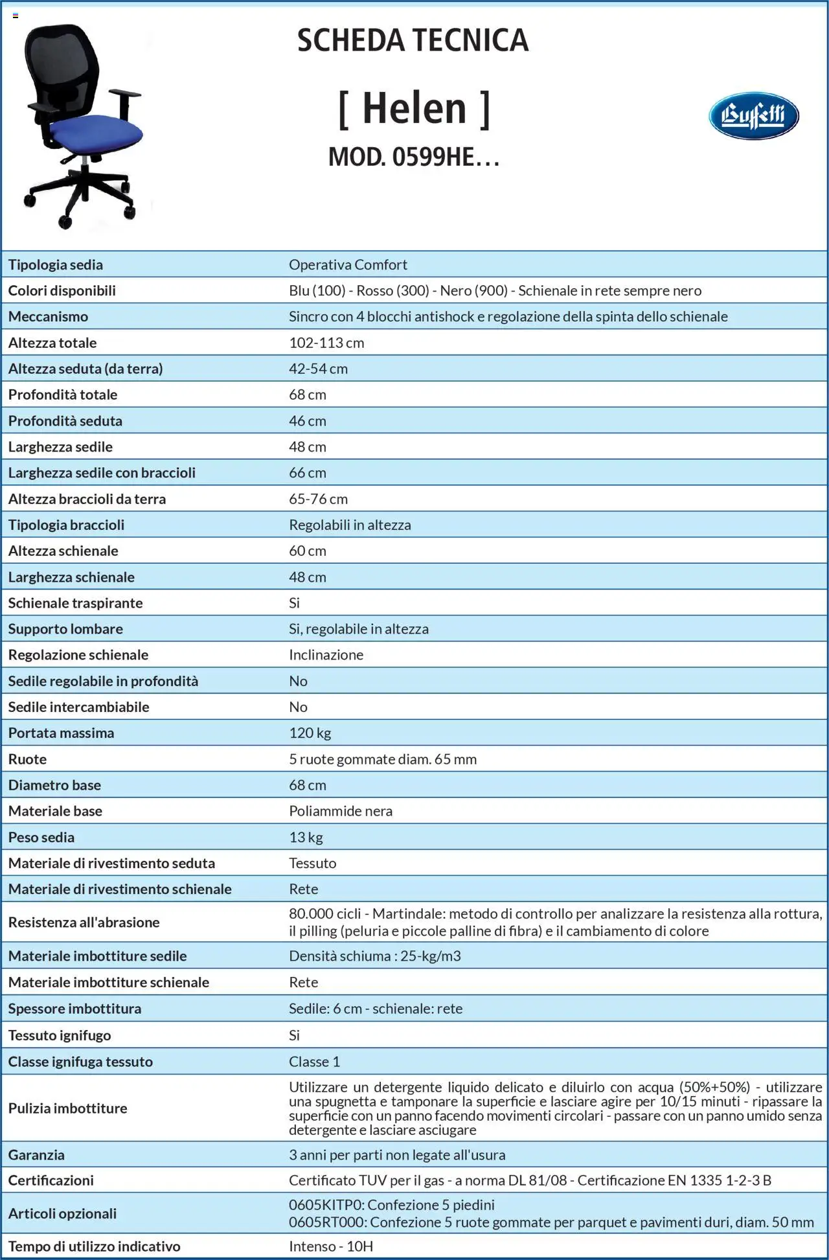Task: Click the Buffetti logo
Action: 753,116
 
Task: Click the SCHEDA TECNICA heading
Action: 413,40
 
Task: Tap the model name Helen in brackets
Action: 414,108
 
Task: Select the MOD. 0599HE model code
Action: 413,157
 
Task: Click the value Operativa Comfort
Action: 348,264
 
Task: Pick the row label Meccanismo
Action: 48,316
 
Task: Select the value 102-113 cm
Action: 326,343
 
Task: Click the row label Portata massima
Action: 61,733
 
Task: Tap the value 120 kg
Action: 310,733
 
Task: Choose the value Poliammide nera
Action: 341,811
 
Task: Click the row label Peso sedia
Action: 41,837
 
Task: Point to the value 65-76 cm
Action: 318,499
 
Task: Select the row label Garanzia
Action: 36,1154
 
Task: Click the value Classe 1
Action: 314,1061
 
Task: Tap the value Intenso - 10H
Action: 330,1246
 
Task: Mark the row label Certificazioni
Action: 51,1180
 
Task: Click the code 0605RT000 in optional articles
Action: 326,1222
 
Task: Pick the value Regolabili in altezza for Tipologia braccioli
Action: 350,525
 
